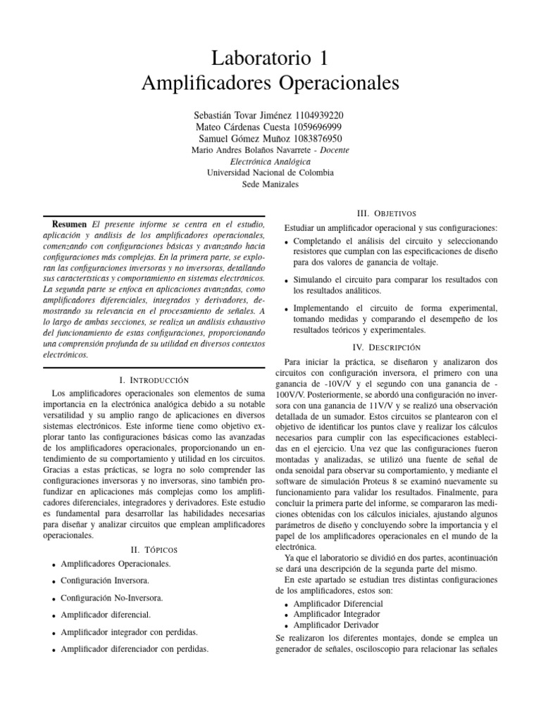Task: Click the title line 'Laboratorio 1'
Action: point(270,56)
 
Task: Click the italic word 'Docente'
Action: point(332,151)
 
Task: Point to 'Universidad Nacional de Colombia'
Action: point(270,173)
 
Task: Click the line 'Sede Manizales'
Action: point(270,184)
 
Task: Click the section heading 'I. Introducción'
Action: point(154,380)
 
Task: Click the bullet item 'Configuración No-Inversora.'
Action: point(112,598)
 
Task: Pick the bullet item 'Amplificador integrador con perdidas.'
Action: point(130,632)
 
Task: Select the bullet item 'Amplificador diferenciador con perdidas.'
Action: point(135,648)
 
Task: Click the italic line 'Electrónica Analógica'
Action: point(270,161)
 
